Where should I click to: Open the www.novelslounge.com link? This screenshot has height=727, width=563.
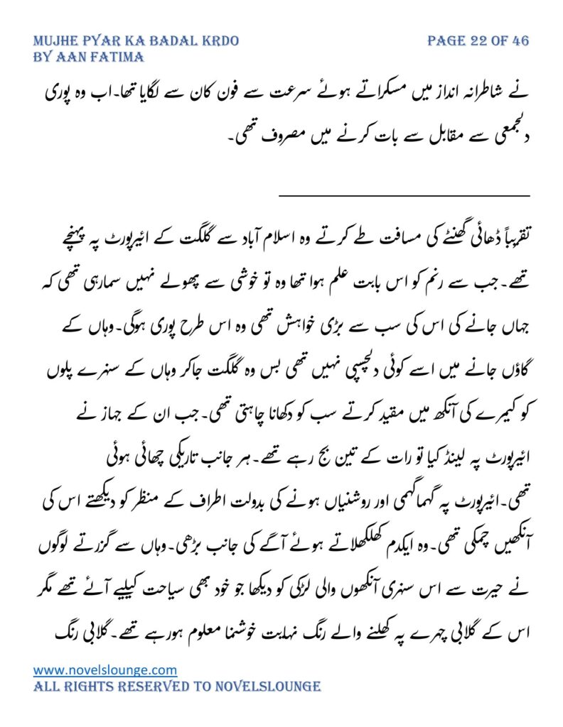point(105,669)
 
